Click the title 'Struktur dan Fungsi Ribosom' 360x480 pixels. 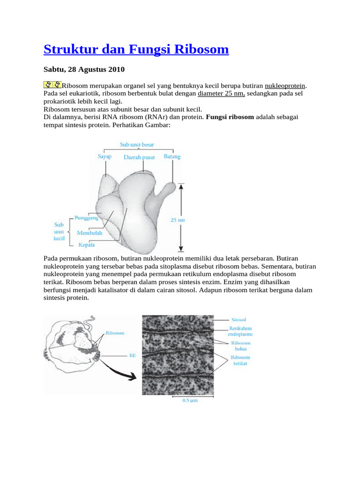[x=136, y=49]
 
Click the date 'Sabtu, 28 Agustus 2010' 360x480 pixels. [x=84, y=70]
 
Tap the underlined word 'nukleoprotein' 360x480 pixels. [x=285, y=86]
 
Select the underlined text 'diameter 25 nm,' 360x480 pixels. [x=222, y=93]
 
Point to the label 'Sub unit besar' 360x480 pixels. [x=137, y=145]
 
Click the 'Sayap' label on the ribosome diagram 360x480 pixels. [x=105, y=157]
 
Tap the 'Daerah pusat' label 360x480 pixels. [x=139, y=157]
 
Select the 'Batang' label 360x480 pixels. [x=172, y=157]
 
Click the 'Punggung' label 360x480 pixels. [x=87, y=218]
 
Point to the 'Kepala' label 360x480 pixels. [x=87, y=244]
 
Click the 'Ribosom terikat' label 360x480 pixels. [x=240, y=360]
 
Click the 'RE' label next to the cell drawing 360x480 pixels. [x=132, y=355]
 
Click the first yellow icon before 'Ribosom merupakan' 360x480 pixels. [x=47, y=85]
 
